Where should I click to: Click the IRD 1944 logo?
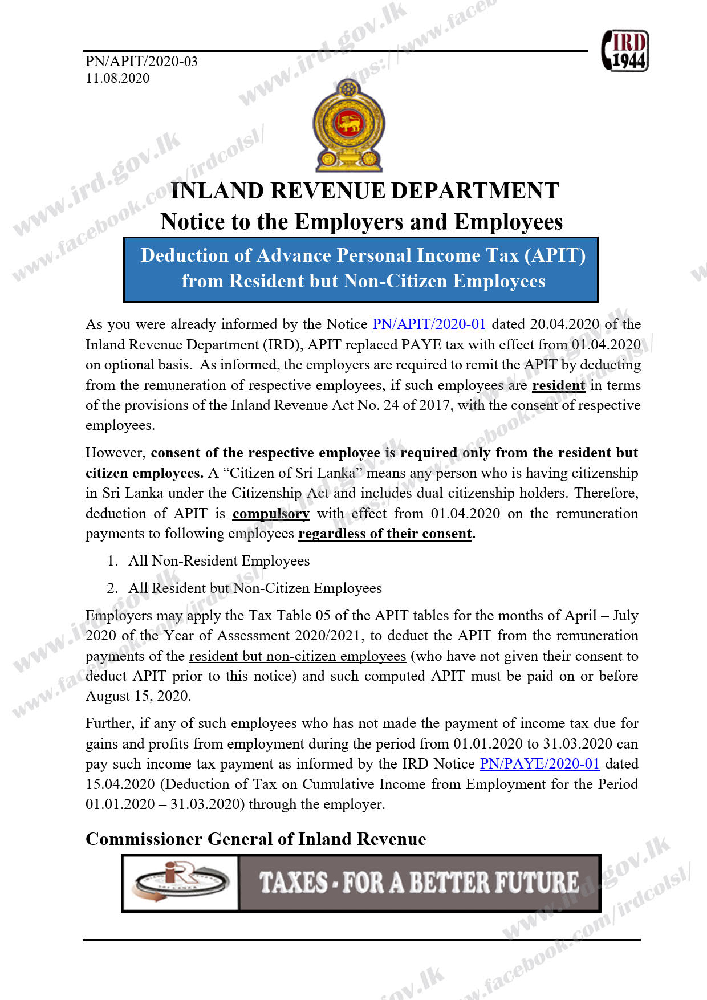pyautogui.click(x=625, y=51)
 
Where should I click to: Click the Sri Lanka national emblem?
pyautogui.click(x=348, y=125)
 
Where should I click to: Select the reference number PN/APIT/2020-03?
pyautogui.click(x=141, y=61)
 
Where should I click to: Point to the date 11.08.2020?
pyautogui.click(x=117, y=78)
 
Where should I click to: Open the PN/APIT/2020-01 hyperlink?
pyautogui.click(x=429, y=324)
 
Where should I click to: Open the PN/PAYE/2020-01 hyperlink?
pyautogui.click(x=539, y=764)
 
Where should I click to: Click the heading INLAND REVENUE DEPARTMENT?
pyautogui.click(x=364, y=191)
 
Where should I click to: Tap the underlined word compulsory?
pyautogui.click(x=271, y=514)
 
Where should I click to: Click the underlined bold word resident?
pyautogui.click(x=558, y=385)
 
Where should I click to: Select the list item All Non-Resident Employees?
pyautogui.click(x=219, y=561)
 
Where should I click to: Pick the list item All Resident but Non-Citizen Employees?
pyautogui.click(x=255, y=588)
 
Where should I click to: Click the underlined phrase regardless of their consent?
pyautogui.click(x=385, y=534)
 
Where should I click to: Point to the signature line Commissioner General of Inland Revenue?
pyautogui.click(x=255, y=839)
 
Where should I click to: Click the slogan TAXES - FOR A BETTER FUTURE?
pyautogui.click(x=419, y=883)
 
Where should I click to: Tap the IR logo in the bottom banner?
pyautogui.click(x=180, y=883)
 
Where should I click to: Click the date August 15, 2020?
pyautogui.click(x=138, y=696)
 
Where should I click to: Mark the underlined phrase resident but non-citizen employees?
pyautogui.click(x=298, y=656)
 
